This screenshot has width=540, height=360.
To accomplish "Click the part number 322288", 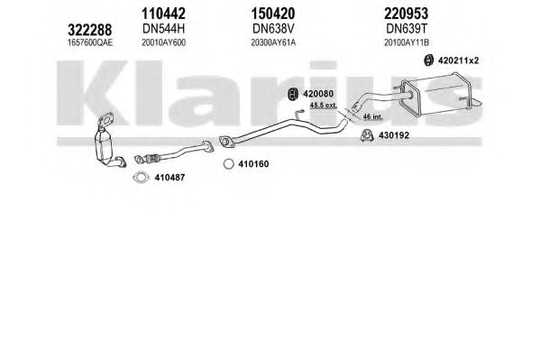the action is (89, 30).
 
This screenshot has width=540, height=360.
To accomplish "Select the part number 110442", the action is (163, 14).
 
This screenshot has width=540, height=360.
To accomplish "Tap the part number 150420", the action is (273, 14).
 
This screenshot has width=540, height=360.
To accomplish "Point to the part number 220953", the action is (407, 14).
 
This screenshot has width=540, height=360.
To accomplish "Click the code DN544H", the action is (163, 29).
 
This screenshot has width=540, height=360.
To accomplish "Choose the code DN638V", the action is (273, 29).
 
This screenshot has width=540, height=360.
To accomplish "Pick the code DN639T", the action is (407, 29).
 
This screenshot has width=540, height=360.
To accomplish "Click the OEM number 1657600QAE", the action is (90, 42).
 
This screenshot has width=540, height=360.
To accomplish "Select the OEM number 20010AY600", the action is (163, 42).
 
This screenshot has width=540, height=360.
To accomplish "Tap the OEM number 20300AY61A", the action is (273, 42).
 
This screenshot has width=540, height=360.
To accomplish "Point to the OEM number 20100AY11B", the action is (407, 42).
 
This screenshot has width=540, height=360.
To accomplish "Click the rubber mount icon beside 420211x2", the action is (428, 60).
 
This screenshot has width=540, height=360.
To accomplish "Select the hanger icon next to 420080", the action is (292, 94).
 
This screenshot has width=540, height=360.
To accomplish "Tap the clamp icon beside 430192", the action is (367, 135).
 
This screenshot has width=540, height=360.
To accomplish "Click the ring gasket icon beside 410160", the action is (229, 164).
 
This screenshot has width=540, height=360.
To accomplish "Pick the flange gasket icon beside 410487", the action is (141, 178).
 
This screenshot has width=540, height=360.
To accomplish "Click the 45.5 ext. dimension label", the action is (323, 106).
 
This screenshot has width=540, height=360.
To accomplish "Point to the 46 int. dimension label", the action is (372, 117).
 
